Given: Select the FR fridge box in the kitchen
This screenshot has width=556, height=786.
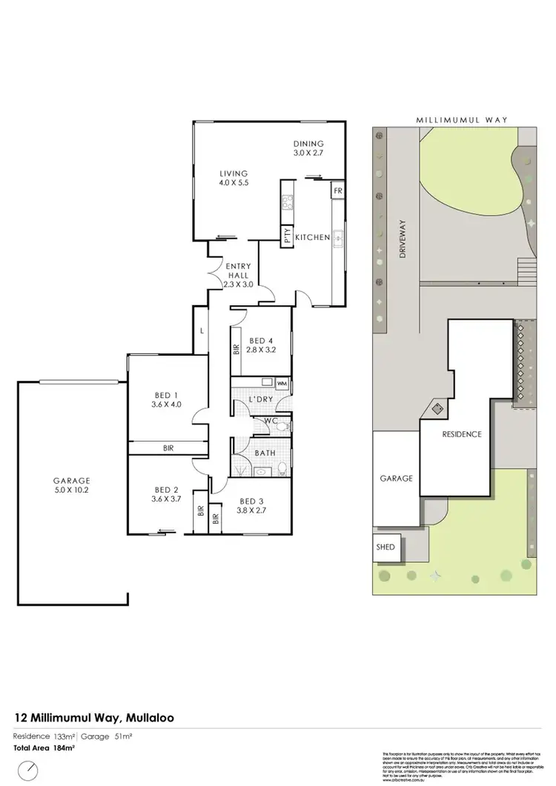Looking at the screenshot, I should click(x=337, y=190).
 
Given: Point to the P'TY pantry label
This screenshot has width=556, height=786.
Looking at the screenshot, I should click(x=287, y=237).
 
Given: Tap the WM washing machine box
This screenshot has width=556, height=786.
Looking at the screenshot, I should click(x=282, y=383).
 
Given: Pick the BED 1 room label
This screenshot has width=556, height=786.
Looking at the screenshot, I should click(x=166, y=399).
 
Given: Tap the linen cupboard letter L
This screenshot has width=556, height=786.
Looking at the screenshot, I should click(x=201, y=332).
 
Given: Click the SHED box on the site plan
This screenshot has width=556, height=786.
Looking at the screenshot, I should click(x=386, y=548).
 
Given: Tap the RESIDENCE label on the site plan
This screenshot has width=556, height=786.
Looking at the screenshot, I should click(x=463, y=434).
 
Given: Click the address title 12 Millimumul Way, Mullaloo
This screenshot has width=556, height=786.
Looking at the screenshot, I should click(x=95, y=717).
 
